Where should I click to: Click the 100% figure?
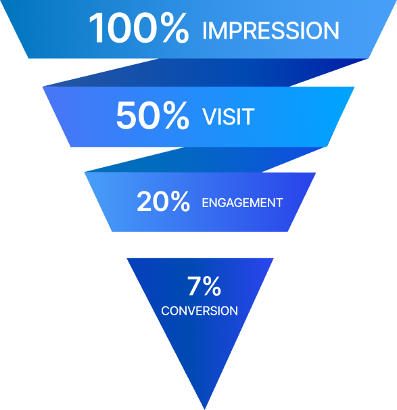139,28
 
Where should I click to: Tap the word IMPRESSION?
271,31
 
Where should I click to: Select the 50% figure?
153,115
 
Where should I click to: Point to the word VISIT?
229,116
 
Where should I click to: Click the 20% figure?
164,201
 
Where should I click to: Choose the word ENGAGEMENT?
242,203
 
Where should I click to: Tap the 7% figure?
204,286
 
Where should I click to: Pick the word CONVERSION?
200,311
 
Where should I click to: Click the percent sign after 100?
174,28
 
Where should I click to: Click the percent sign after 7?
212,286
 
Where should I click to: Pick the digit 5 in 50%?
126,115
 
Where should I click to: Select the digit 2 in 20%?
144,201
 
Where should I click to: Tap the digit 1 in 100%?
96,28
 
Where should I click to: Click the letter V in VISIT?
210,116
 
